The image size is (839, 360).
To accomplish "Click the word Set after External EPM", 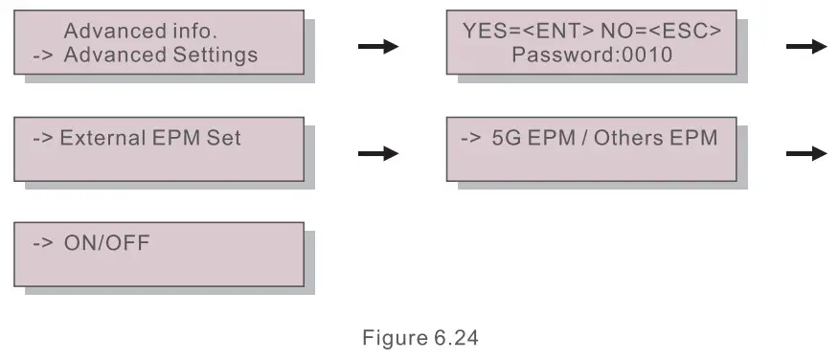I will pyautogui.click(x=224, y=138).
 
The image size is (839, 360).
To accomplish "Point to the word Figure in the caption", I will pyautogui.click(x=388, y=337).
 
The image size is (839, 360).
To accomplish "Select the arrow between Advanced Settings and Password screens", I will pyautogui.click(x=377, y=47).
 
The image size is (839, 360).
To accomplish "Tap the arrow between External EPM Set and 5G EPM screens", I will pyautogui.click(x=377, y=152).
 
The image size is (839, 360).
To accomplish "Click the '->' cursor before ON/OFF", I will pyautogui.click(x=43, y=242).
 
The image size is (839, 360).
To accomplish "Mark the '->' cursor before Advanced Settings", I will pyautogui.click(x=43, y=55).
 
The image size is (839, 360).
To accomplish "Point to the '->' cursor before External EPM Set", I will pyautogui.click(x=43, y=138).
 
